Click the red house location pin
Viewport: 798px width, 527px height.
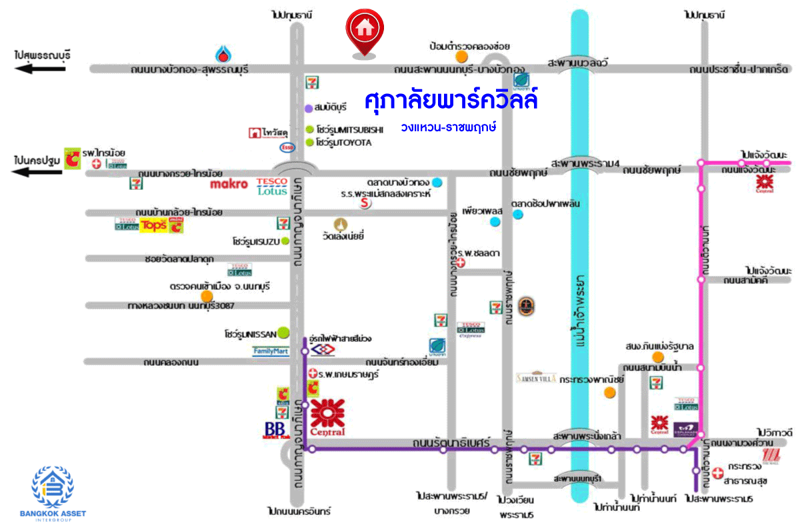(364, 31)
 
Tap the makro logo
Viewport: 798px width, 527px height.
(229, 183)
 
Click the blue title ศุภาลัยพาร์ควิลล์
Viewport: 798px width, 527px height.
(451, 101)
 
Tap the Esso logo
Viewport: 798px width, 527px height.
(288, 147)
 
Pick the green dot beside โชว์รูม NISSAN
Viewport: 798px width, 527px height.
(284, 331)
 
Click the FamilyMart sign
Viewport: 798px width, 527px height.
(271, 351)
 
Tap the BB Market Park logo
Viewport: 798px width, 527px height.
(275, 430)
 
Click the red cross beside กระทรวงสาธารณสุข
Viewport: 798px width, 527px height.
(717, 474)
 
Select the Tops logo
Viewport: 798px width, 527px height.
(153, 225)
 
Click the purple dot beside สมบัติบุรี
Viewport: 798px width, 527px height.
(309, 108)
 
